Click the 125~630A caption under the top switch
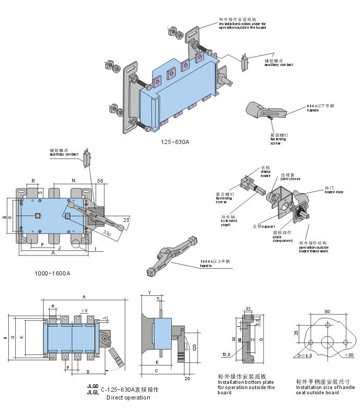click(175, 142)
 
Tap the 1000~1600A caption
click(52, 273)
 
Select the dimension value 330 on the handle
click(107, 232)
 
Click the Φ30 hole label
click(348, 355)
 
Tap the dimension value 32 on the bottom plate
click(247, 309)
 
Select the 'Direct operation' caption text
click(128, 398)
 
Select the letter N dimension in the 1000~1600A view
click(73, 180)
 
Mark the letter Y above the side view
click(149, 292)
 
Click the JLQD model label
click(92, 386)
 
